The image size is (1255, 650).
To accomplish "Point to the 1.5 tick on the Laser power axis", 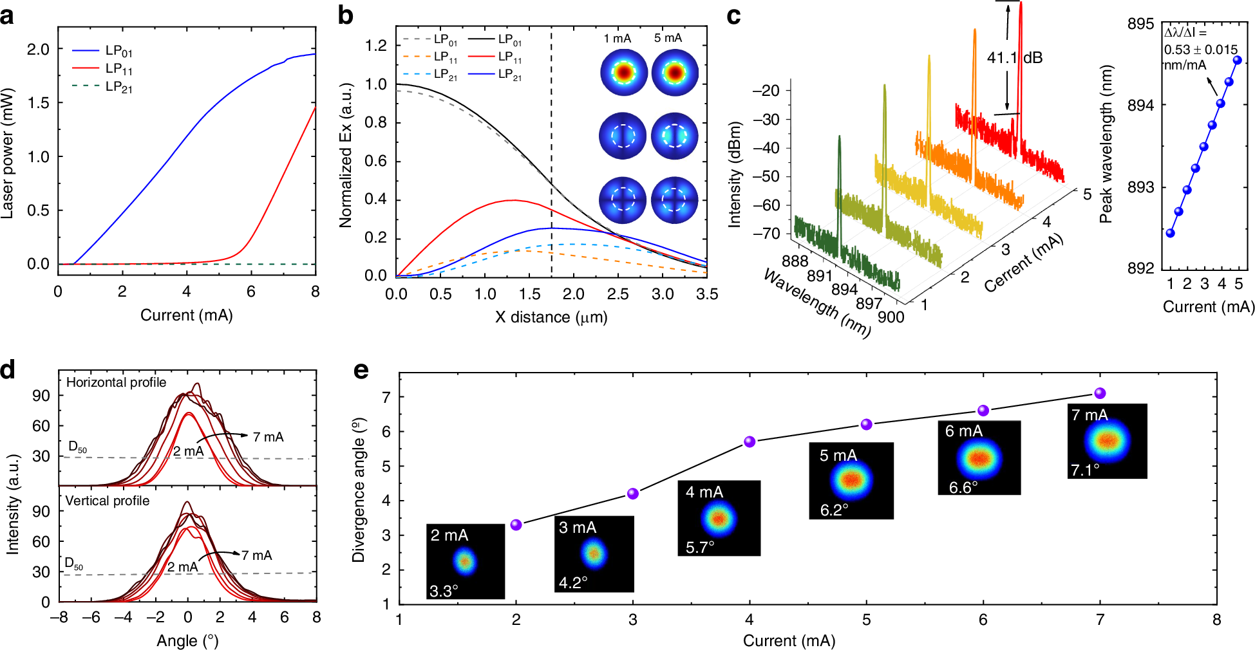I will tap(38, 103).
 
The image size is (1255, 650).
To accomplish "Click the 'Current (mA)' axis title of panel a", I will tap(186, 315).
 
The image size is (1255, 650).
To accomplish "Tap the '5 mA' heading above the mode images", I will tap(668, 38).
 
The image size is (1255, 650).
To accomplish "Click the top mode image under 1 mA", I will tap(623, 72).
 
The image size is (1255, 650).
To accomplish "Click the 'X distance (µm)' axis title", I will tap(551, 317).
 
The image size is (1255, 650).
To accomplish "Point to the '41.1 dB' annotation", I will tap(1014, 58).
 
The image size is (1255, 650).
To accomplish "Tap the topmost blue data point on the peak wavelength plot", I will tap(1237, 60).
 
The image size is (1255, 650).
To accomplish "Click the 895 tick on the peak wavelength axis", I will tap(1140, 24).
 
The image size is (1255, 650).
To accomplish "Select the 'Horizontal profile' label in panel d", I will tap(116, 382).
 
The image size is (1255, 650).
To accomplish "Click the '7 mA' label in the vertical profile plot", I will tap(256, 555).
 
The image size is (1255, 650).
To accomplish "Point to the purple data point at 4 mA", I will tap(750, 441).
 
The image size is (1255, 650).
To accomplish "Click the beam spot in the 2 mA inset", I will tap(465, 561).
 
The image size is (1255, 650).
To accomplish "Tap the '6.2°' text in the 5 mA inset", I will tap(834, 510).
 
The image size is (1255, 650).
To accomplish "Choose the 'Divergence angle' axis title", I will tap(358, 490).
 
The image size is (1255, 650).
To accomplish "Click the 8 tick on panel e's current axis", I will tap(1216, 620).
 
